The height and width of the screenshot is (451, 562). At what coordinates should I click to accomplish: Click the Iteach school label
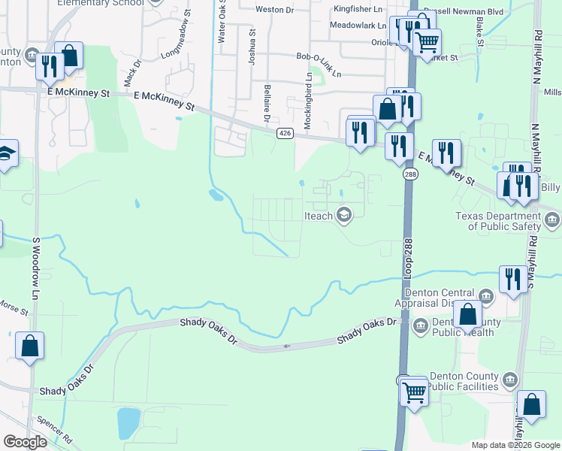point(319,216)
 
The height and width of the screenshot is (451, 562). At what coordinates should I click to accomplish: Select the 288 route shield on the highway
point(409,174)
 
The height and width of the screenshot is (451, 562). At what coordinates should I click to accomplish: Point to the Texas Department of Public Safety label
point(498,221)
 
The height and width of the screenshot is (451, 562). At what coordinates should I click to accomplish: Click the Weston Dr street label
point(274,10)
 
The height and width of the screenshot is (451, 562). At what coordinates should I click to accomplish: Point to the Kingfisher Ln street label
point(357,9)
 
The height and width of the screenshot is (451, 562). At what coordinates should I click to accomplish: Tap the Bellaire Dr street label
point(266,104)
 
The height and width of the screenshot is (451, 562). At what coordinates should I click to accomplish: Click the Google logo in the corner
point(25,442)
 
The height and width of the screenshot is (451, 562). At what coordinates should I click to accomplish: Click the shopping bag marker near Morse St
point(30,347)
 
